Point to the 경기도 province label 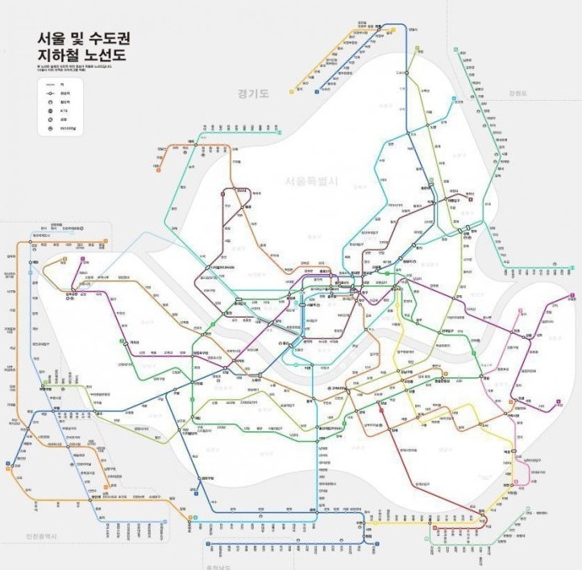coord(252,94)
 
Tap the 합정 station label coord(227,314)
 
